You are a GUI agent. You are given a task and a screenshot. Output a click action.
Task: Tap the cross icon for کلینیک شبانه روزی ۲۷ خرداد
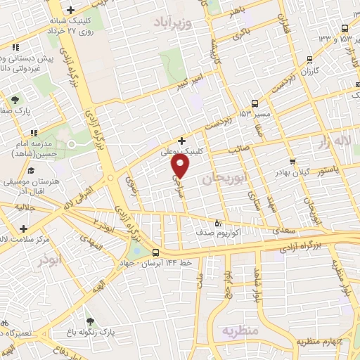[x=70, y=10]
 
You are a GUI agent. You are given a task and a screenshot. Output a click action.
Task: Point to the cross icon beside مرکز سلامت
[x=25, y=229]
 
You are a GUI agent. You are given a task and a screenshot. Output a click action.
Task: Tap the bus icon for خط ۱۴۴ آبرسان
[x=155, y=253]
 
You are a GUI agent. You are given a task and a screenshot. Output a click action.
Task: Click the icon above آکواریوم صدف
[x=226, y=217]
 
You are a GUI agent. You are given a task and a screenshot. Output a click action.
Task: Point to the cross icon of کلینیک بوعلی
[x=182, y=141]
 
